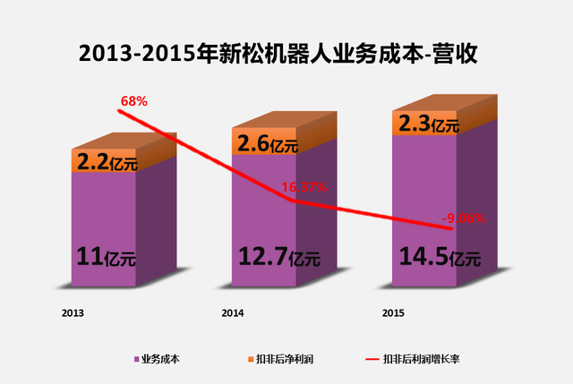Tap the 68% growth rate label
(133, 101)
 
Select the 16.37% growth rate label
(305, 187)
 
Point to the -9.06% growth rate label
(465, 217)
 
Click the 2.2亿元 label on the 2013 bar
(105, 162)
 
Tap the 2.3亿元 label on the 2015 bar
(427, 123)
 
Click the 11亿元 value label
(105, 260)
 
